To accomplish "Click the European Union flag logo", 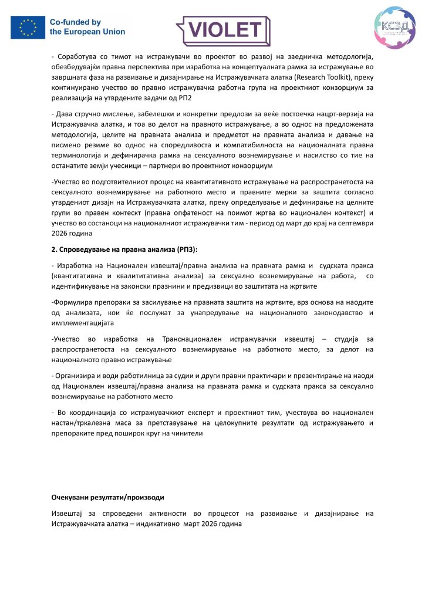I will [x=28, y=27].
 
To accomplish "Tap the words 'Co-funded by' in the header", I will [x=76, y=22].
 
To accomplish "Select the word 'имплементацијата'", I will [x=83, y=322].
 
